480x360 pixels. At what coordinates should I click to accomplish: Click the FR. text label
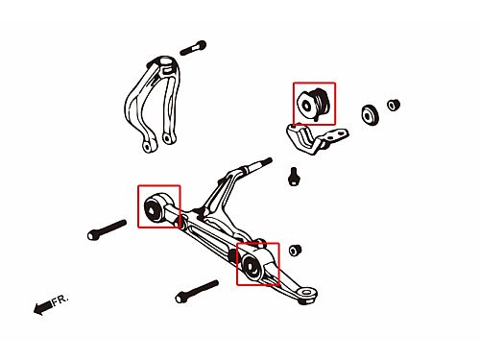click(60, 300)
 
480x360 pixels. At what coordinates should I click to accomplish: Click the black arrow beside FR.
click(42, 307)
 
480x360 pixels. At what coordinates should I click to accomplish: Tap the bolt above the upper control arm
click(193, 48)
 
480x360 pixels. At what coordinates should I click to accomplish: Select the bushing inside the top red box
click(314, 104)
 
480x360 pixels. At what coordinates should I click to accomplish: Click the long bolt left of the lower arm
click(107, 229)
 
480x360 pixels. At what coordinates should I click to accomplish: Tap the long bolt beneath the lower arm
click(197, 292)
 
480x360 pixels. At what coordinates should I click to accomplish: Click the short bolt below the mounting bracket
click(294, 177)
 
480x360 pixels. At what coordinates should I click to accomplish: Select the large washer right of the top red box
click(371, 115)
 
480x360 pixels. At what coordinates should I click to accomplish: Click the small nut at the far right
click(394, 105)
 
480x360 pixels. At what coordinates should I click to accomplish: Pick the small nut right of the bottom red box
click(295, 250)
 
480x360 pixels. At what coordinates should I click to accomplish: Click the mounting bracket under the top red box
click(315, 139)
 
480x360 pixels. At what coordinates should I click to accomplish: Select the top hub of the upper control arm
click(166, 62)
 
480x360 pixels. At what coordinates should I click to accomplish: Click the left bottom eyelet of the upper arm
click(148, 147)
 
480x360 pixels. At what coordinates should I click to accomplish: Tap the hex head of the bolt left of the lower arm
click(92, 235)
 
